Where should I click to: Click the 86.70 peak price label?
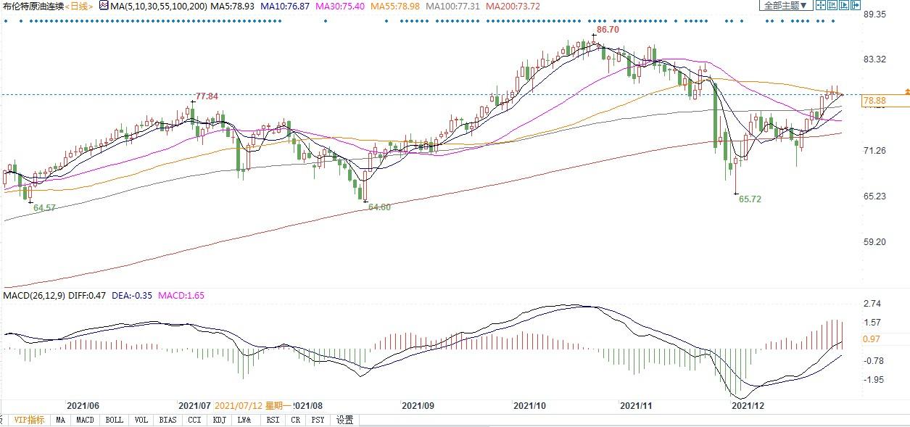click(x=607, y=30)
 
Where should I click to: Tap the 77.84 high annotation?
click(x=207, y=96)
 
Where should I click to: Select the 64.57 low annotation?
click(x=41, y=208)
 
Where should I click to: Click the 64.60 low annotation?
click(x=379, y=207)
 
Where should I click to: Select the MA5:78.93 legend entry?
click(x=231, y=6)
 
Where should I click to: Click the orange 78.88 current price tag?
click(x=875, y=101)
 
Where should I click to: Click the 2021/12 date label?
click(x=748, y=406)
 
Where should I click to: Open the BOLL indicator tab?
click(x=114, y=420)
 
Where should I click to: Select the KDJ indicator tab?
click(x=220, y=420)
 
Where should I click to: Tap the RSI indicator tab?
click(x=273, y=420)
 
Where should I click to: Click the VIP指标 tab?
click(x=29, y=420)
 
